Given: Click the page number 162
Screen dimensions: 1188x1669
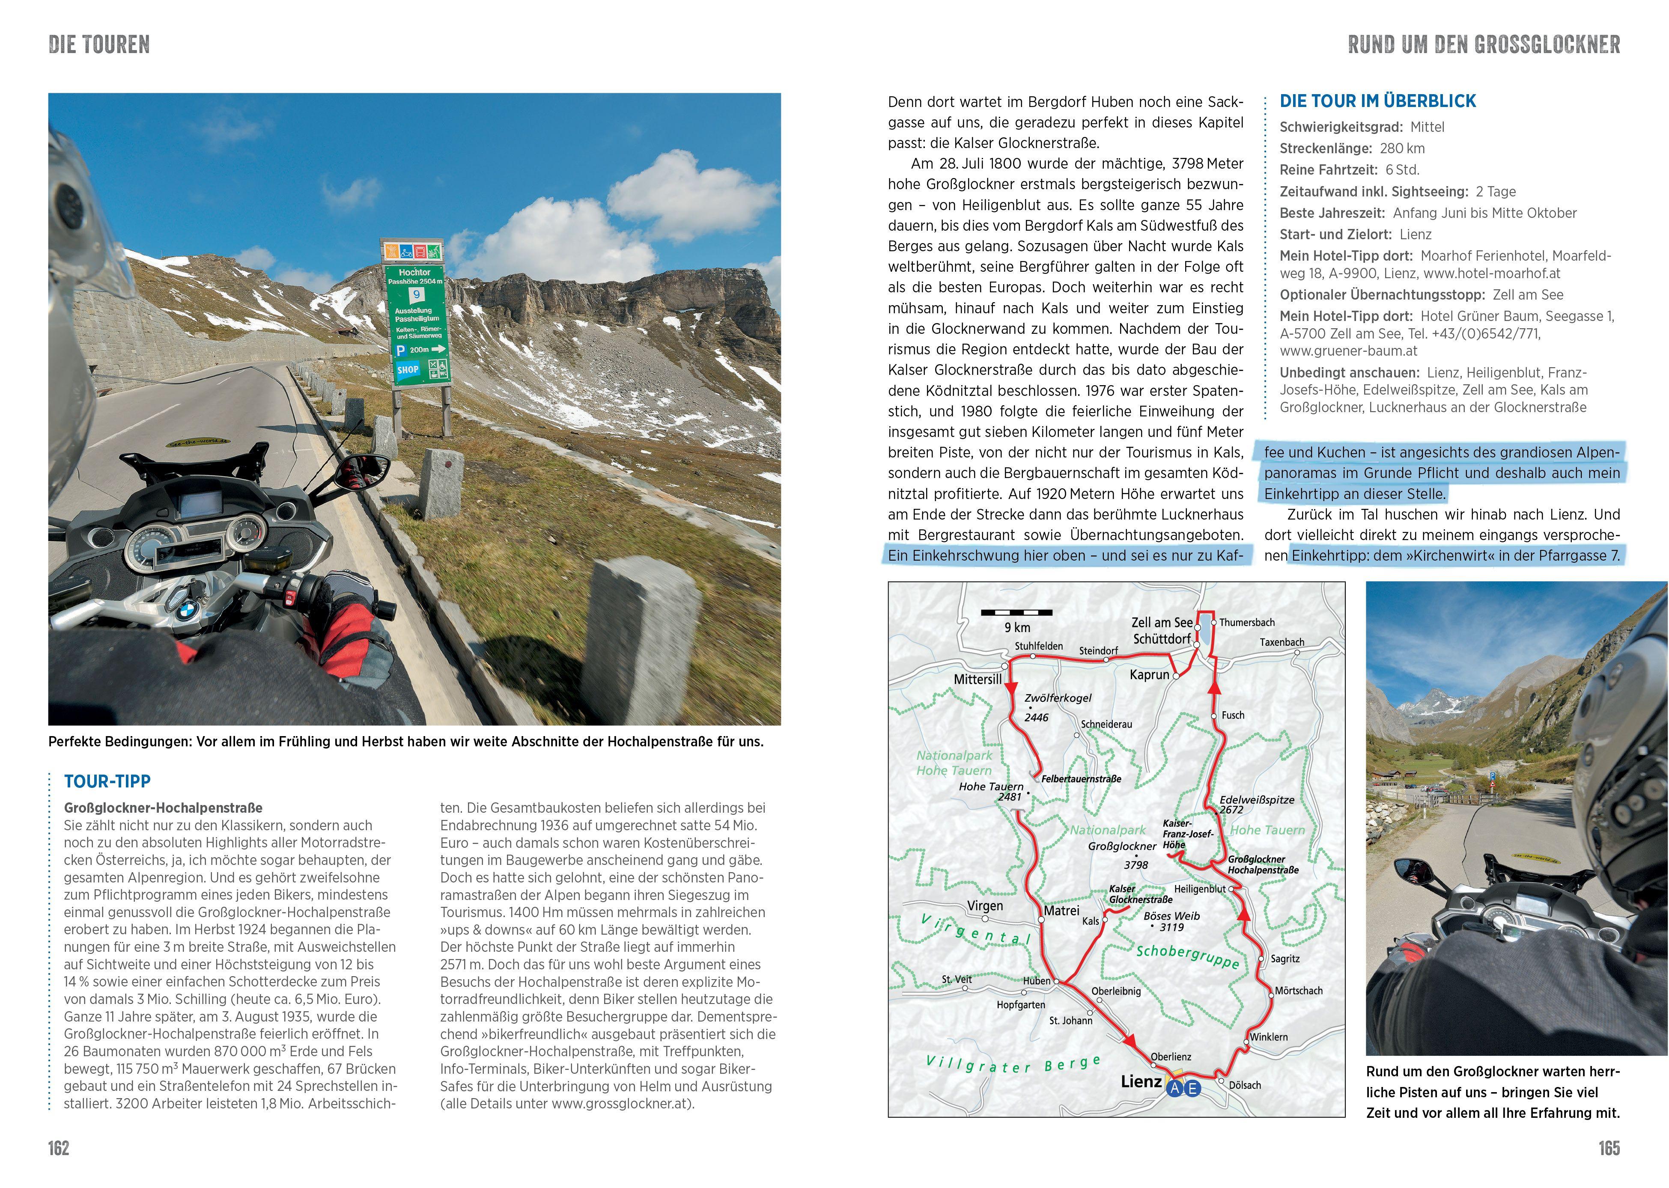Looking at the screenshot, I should point(59,1148).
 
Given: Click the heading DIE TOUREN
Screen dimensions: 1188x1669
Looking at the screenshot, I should point(99,45).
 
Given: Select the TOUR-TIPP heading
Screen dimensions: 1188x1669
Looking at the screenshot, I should point(107,781).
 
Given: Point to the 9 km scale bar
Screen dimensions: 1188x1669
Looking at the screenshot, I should point(1016,612).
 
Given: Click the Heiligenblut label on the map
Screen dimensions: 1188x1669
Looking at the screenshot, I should point(1199,889).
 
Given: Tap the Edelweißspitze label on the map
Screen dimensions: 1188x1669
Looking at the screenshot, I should point(1256,799).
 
